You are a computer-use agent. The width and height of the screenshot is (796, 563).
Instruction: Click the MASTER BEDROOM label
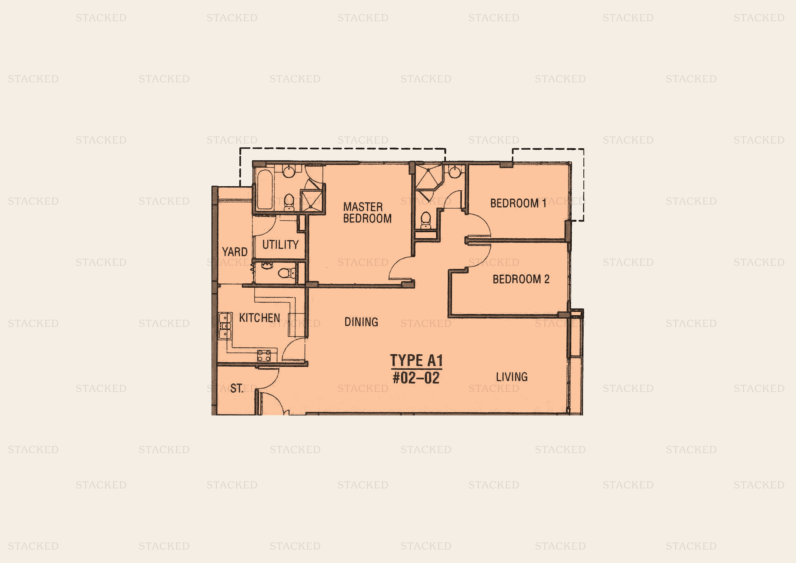(x=367, y=213)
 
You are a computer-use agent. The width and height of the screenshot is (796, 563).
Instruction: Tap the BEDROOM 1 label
(x=518, y=203)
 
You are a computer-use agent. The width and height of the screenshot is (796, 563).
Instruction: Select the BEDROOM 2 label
(x=521, y=279)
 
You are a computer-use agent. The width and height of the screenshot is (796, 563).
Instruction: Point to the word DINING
(x=361, y=322)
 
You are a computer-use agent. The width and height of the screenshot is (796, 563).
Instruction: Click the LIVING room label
(x=512, y=377)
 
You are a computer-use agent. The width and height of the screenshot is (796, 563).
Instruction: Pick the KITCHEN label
(x=259, y=318)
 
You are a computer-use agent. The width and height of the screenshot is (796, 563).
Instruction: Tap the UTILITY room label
(x=280, y=244)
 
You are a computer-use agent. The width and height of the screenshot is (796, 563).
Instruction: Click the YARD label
(x=235, y=252)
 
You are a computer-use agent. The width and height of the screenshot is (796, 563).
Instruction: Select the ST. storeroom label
(x=237, y=388)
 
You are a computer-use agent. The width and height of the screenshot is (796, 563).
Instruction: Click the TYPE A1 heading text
(x=416, y=361)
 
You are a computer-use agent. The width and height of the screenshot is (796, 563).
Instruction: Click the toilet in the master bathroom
(x=289, y=202)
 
